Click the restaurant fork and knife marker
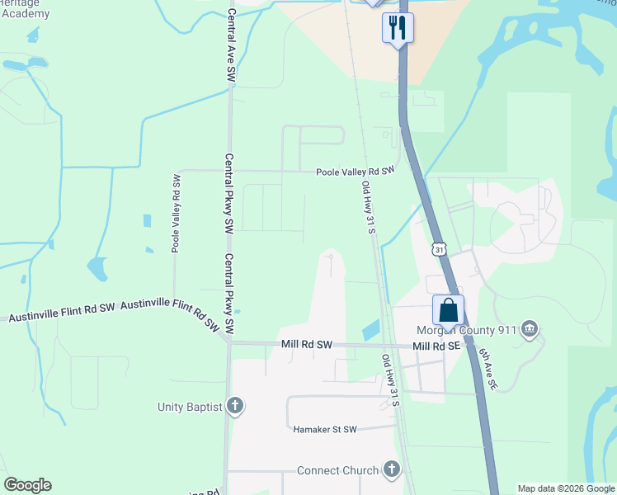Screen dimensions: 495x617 pyautogui.click(x=398, y=27)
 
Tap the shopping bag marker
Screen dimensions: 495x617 pyautogui.click(x=448, y=310)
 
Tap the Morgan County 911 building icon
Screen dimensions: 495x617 pyautogui.click(x=530, y=331)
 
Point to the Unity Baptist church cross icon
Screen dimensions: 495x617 pyautogui.click(x=235, y=406)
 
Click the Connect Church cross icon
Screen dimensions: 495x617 pyautogui.click(x=392, y=470)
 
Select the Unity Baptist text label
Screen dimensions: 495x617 pyautogui.click(x=191, y=407)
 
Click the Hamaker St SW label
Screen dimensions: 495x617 pyautogui.click(x=325, y=429)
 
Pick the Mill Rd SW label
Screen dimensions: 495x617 pyautogui.click(x=306, y=345)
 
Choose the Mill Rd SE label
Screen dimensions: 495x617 pyautogui.click(x=436, y=346)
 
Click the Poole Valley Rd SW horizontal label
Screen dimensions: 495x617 pyautogui.click(x=356, y=171)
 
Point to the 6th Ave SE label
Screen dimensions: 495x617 pyautogui.click(x=489, y=367)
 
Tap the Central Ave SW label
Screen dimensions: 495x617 pyautogui.click(x=232, y=45)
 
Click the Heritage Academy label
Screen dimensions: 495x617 pyautogui.click(x=25, y=8)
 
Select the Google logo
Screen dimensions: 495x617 pyautogui.click(x=27, y=485)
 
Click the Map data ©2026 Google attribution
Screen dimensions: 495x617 pyautogui.click(x=566, y=488)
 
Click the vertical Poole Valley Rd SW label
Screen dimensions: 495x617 pyautogui.click(x=176, y=213)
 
